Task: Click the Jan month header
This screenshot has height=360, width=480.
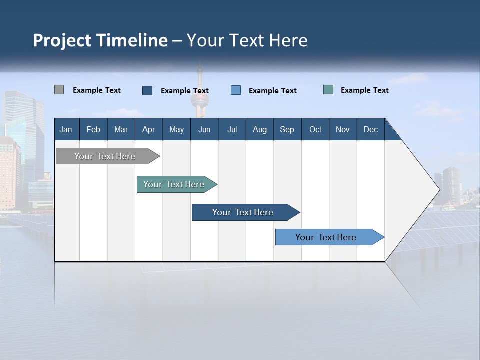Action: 66,129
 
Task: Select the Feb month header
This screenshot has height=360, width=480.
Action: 93,129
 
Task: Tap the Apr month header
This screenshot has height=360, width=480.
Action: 149,129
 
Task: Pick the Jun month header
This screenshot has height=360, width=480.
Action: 204,129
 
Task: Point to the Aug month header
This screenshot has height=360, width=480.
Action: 260,129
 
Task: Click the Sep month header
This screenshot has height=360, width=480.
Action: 287,129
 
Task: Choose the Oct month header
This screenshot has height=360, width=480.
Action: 315,129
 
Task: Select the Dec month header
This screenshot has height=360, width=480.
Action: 371,129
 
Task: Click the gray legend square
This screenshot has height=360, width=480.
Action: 59,90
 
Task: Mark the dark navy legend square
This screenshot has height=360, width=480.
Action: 147,90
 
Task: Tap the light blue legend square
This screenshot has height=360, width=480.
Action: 236,90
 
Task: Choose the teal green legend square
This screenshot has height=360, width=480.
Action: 328,90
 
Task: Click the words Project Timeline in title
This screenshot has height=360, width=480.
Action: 100,40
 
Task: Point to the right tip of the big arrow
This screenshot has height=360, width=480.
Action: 439,189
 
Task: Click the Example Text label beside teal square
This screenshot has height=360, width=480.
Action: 364,90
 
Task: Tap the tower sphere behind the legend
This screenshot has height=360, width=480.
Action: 200,98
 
